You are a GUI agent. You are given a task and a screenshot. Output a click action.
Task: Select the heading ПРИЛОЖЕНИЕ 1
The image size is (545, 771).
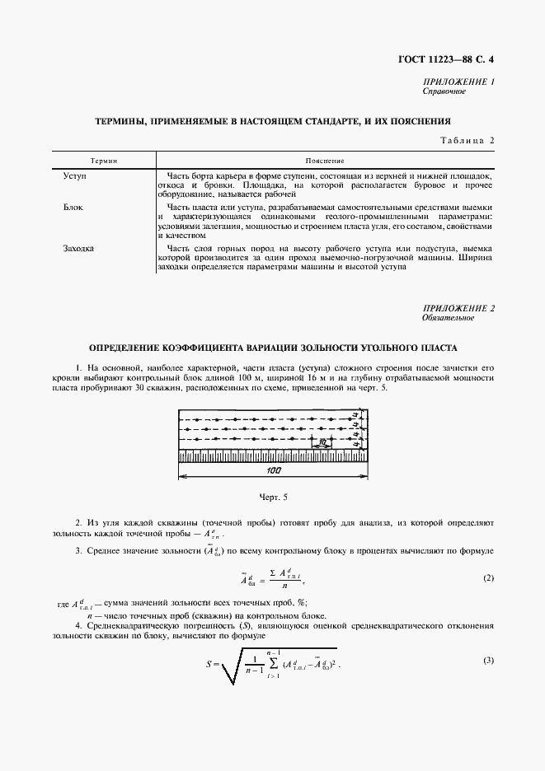click(458, 82)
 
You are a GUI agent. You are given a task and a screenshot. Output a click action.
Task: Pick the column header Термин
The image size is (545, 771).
click(103, 160)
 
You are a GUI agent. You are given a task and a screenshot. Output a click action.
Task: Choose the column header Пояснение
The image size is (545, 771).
click(324, 160)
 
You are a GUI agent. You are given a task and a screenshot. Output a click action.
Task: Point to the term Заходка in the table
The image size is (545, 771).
click(78, 248)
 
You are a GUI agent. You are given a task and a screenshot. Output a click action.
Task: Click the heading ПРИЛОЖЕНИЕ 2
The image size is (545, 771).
click(458, 308)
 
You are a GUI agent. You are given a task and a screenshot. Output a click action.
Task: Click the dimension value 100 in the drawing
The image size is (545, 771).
click(274, 470)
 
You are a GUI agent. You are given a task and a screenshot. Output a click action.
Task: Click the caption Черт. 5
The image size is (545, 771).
click(273, 498)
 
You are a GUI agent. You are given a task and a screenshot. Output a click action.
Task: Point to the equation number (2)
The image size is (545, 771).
click(488, 578)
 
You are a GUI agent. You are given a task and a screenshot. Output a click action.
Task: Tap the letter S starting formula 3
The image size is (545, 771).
click(209, 664)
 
